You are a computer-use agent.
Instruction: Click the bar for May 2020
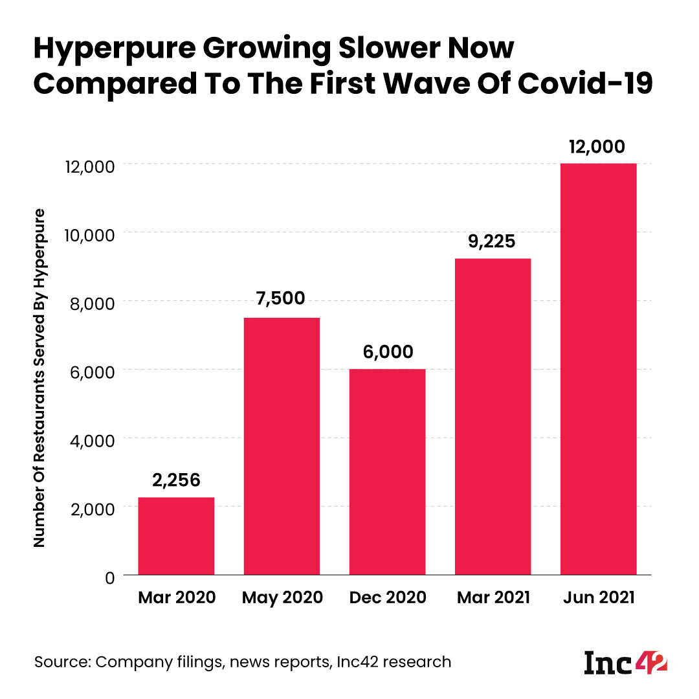[282, 447]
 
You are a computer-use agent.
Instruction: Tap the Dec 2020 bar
[387, 472]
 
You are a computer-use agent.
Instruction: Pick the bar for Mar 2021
[493, 417]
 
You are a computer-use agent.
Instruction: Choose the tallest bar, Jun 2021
[598, 369]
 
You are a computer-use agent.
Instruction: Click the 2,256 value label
[176, 480]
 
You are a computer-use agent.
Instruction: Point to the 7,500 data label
[282, 300]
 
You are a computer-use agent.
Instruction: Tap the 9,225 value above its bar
[493, 241]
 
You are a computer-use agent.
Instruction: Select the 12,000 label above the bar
[598, 146]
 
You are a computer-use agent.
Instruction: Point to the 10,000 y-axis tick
[88, 234]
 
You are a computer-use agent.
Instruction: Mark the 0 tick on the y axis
[110, 577]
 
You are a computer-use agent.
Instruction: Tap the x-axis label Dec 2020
[387, 597]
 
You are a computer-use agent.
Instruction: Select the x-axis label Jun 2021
[598, 597]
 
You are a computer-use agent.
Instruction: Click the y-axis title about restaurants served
[40, 378]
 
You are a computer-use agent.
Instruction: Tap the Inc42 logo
[625, 663]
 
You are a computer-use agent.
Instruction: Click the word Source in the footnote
[62, 662]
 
